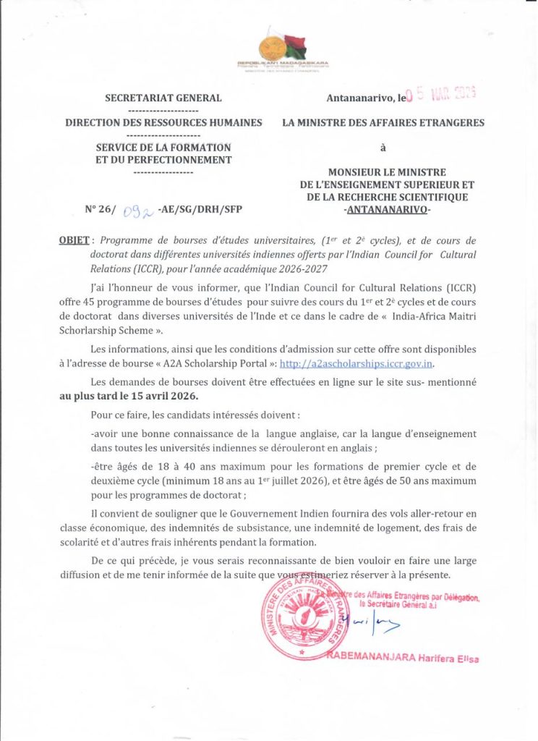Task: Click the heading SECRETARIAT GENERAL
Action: [x=163, y=98]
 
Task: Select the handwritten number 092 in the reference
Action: [x=134, y=210]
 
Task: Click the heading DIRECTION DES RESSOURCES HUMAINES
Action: [x=163, y=123]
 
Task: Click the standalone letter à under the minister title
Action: [x=383, y=148]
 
